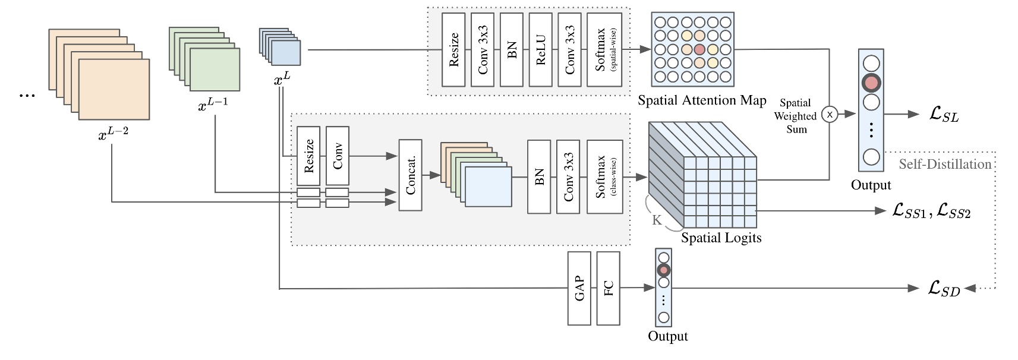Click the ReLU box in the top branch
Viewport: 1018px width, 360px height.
(x=540, y=50)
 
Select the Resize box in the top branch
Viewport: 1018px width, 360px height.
(x=453, y=50)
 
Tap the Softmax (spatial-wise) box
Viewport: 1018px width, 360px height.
(x=604, y=50)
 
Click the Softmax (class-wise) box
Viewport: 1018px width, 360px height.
(x=604, y=176)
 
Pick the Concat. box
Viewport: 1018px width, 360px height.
(x=410, y=175)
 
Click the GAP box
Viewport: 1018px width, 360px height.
(x=579, y=288)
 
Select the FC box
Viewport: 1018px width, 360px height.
(x=608, y=288)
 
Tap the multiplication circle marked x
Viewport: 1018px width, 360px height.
(x=830, y=114)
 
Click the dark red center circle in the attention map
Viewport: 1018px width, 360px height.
(x=699, y=49)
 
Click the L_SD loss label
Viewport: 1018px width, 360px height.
(x=944, y=289)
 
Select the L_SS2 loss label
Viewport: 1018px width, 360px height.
(x=953, y=211)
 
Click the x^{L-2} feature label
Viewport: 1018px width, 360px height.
(x=113, y=133)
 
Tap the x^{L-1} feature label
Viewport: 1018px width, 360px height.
(x=213, y=105)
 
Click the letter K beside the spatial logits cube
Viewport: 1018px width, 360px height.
(x=657, y=220)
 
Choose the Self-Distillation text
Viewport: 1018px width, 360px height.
(x=944, y=164)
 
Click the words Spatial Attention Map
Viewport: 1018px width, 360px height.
(x=701, y=100)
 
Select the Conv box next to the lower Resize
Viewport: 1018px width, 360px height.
(x=337, y=156)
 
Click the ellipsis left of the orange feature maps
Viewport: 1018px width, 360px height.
(x=27, y=94)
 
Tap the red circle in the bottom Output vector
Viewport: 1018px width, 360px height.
(x=664, y=270)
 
